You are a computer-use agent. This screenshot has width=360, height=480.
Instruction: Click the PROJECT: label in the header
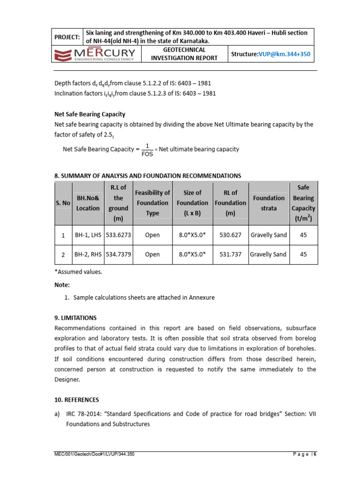[67, 37]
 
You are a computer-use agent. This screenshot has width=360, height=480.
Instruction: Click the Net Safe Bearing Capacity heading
[90, 114]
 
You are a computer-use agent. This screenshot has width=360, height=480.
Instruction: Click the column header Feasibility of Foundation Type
[152, 203]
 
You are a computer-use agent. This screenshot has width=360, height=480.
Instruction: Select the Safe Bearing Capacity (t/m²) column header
[303, 203]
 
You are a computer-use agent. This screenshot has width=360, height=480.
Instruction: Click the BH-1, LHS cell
[87, 235]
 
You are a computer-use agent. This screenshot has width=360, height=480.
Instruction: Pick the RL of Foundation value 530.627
[230, 235]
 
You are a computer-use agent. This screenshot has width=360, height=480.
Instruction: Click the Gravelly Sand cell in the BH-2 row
[268, 255]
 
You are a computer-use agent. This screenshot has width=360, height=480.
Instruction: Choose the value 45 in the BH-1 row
[303, 235]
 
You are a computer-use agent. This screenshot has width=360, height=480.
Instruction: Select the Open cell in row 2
[152, 255]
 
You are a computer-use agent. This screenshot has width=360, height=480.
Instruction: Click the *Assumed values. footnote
[78, 272]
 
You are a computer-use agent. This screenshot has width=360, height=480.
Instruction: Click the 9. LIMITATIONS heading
[75, 317]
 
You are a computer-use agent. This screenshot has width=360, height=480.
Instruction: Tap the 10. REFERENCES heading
[77, 400]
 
